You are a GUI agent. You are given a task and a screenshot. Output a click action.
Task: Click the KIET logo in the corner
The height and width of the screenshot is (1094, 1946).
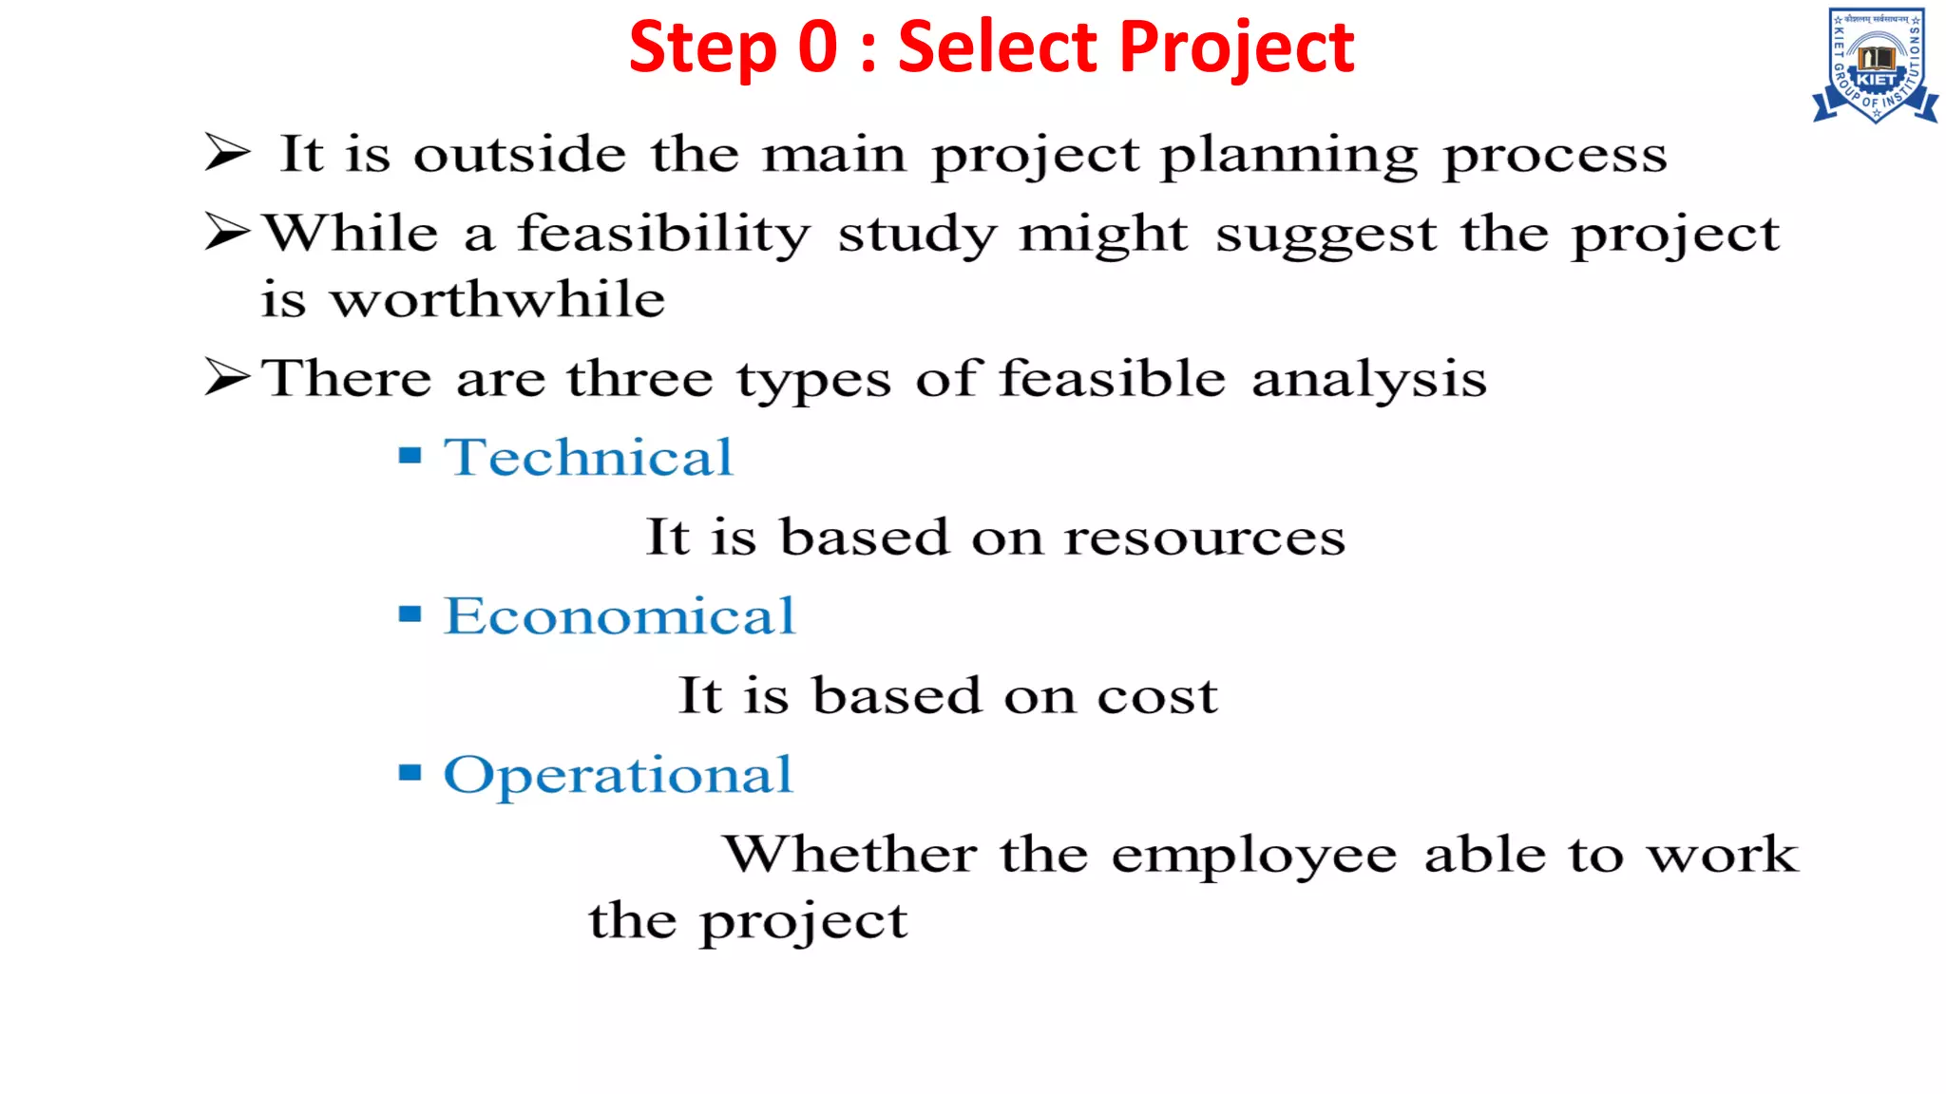1876,66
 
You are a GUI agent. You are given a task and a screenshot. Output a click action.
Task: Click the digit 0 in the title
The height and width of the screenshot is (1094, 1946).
818,47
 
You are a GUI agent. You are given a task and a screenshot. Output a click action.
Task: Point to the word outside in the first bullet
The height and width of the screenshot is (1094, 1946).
520,154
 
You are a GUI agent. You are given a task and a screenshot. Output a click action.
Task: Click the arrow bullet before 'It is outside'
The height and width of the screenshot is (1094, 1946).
227,152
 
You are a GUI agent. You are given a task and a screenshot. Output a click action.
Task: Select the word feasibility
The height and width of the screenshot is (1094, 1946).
663,235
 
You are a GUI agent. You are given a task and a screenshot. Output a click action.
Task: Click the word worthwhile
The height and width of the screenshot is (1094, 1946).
497,300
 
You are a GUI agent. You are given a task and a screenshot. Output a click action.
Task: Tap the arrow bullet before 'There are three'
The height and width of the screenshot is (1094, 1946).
227,377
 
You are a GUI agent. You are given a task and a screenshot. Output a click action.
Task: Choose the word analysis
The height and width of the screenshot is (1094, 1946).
1368,380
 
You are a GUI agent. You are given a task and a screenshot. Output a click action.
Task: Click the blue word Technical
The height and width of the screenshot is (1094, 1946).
588,457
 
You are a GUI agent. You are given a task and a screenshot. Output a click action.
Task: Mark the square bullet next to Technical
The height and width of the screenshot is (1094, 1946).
410,456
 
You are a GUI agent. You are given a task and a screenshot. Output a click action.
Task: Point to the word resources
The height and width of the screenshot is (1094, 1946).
1204,538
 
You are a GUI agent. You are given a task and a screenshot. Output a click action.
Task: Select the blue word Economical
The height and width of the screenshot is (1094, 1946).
620,615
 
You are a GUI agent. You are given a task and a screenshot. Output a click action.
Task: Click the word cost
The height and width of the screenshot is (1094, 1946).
1157,696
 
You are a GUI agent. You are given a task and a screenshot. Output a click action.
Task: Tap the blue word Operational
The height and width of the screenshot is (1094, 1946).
618,775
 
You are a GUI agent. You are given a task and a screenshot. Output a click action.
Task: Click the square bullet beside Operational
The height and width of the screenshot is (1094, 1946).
410,772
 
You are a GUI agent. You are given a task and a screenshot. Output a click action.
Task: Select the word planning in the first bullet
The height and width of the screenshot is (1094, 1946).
1289,156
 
